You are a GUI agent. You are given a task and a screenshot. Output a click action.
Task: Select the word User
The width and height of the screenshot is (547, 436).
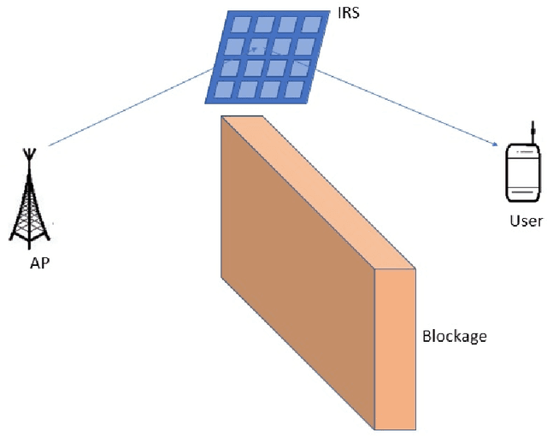tap(525, 221)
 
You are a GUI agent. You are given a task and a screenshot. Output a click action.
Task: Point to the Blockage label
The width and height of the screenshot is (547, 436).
tap(454, 336)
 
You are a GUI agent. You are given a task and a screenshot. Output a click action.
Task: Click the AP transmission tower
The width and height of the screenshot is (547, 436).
tap(29, 201)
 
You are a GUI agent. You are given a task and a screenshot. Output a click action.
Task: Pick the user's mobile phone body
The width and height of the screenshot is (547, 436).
tap(522, 175)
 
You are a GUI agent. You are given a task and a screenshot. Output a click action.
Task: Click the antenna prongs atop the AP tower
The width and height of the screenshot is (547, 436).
tap(29, 155)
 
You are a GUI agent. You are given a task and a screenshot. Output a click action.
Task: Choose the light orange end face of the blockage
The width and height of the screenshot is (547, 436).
tap(396, 346)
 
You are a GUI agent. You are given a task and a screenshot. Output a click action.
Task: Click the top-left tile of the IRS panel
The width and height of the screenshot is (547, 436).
tap(237, 23)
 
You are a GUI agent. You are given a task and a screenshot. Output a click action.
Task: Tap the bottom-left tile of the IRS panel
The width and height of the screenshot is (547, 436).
tap(225, 88)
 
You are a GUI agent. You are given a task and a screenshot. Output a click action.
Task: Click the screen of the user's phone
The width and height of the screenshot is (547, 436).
tap(522, 178)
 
